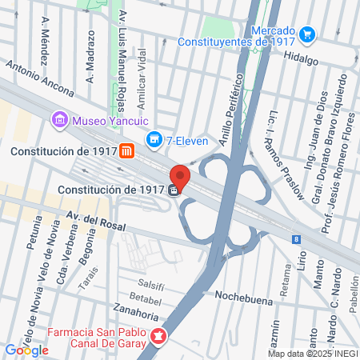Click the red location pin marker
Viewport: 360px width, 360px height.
179,175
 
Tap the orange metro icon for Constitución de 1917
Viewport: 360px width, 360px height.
127,150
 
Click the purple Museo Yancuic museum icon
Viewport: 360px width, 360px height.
59,121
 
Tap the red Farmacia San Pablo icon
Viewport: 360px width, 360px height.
159,338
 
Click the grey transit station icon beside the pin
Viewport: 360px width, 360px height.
174,190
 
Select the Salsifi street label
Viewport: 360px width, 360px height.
151,284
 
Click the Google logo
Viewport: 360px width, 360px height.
26,350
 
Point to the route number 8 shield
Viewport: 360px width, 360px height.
296,238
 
